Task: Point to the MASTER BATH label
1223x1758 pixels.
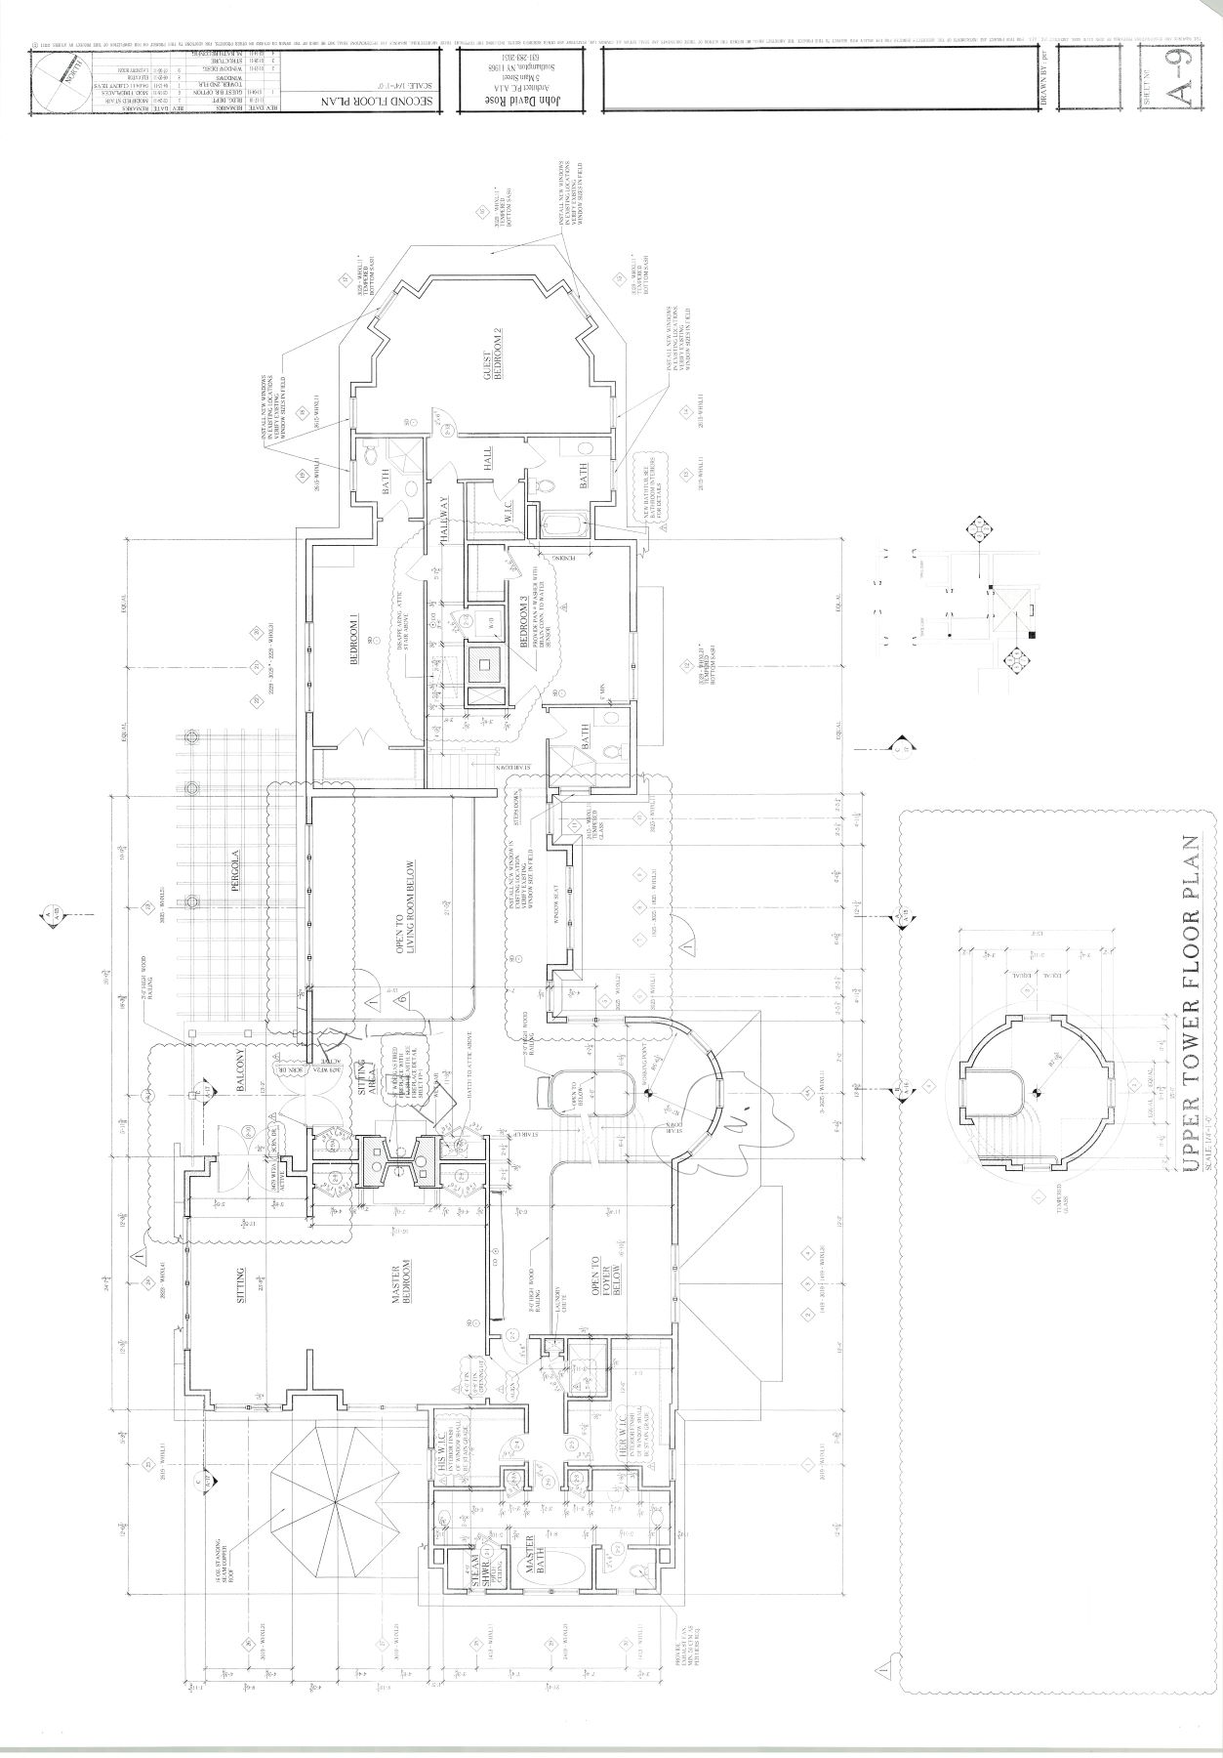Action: pos(535,1569)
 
